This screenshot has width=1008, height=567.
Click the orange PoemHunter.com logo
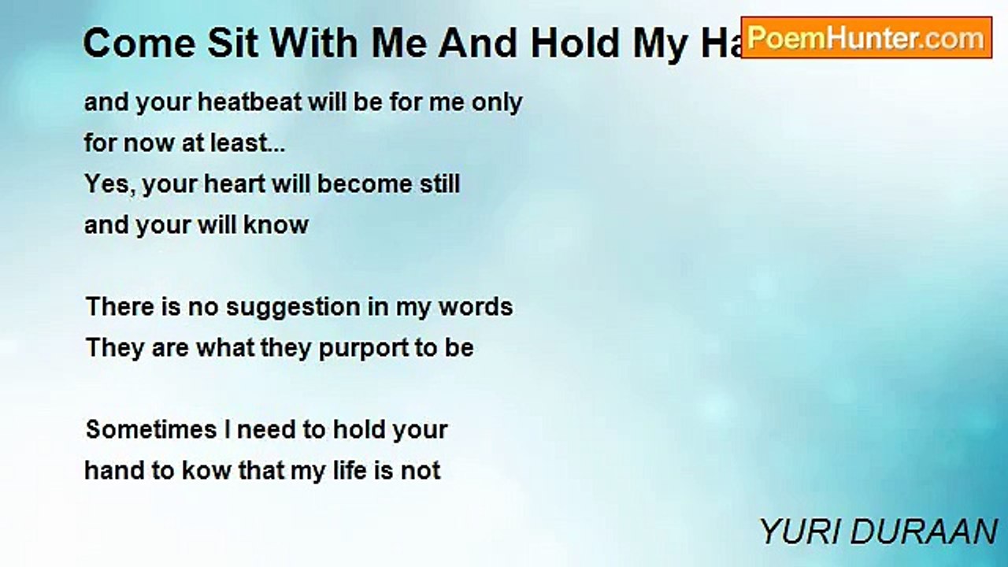click(x=866, y=38)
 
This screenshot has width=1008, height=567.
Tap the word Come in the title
click(x=139, y=43)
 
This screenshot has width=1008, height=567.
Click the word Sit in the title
click(x=232, y=43)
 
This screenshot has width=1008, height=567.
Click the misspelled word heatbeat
click(x=250, y=102)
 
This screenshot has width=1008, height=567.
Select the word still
click(x=439, y=184)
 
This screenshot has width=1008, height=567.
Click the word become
click(x=365, y=184)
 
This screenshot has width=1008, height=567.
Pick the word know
click(x=276, y=225)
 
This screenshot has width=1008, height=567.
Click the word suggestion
click(x=292, y=308)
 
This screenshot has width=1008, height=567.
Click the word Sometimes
click(x=151, y=430)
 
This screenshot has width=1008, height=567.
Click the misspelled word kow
click(x=206, y=471)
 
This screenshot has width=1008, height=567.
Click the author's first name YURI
click(x=799, y=532)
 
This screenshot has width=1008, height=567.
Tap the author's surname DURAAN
click(x=924, y=532)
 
